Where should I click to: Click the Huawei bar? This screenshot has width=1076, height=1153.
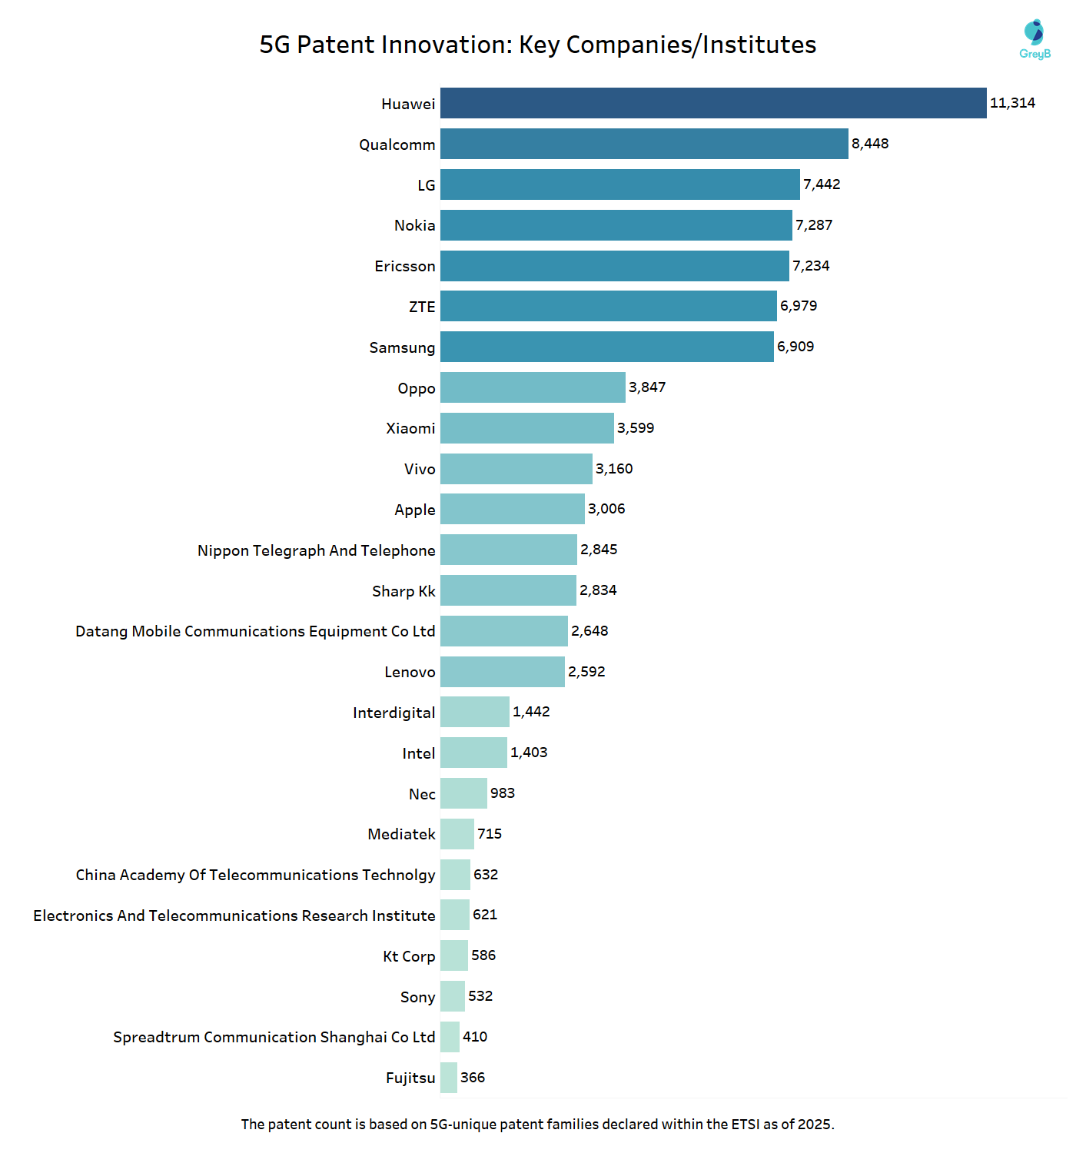click(x=713, y=103)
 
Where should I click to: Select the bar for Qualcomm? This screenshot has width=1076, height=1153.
click(x=644, y=144)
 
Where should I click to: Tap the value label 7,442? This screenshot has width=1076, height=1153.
click(x=822, y=184)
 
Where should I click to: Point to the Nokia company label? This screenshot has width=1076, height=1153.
click(x=414, y=225)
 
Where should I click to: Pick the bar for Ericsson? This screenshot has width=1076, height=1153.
click(x=615, y=266)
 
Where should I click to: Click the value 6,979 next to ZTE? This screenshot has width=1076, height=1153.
click(x=799, y=306)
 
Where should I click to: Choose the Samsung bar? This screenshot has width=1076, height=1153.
click(x=607, y=347)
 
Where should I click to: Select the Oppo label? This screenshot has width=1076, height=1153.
click(x=416, y=388)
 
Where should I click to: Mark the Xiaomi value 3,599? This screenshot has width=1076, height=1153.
click(x=636, y=428)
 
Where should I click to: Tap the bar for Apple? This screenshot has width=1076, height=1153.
click(x=513, y=509)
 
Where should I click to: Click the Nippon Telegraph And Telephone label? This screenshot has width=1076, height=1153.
click(x=316, y=550)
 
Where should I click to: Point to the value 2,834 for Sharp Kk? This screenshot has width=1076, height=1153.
click(x=598, y=590)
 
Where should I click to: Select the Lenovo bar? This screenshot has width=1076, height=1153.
click(x=503, y=672)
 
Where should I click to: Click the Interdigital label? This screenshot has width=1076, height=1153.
click(x=394, y=713)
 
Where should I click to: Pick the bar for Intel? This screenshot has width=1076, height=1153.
click(x=473, y=753)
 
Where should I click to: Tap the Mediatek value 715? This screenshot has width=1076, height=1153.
click(x=490, y=834)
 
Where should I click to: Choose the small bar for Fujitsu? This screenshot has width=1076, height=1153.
click(x=449, y=1078)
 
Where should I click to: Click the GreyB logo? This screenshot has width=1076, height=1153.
click(x=1034, y=39)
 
